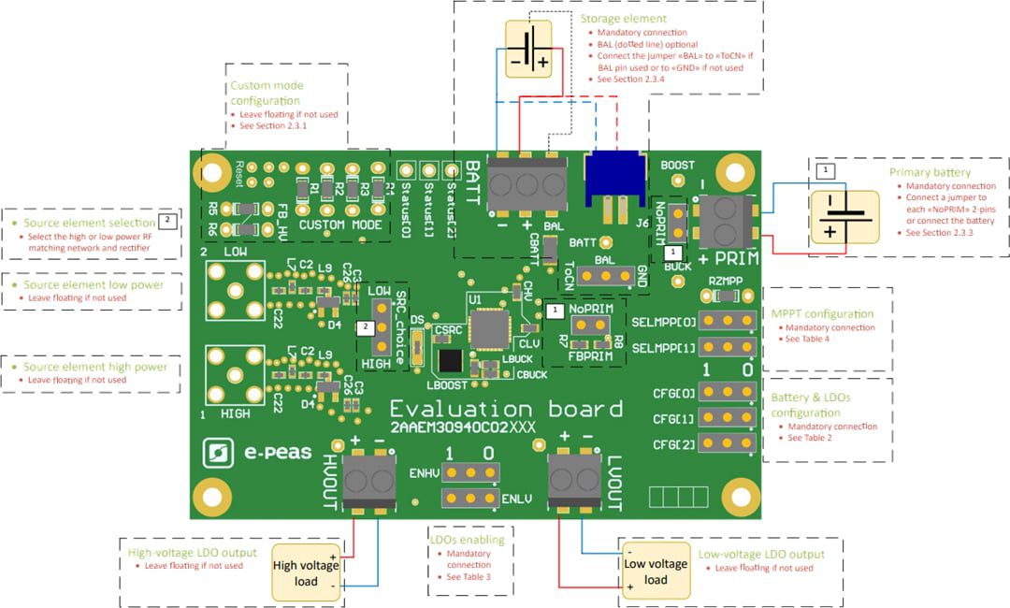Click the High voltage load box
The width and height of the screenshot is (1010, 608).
tap(307, 572)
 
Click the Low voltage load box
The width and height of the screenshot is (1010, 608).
tap(655, 572)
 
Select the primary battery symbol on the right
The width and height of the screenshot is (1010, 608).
tap(844, 217)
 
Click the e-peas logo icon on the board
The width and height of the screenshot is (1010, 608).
tap(217, 454)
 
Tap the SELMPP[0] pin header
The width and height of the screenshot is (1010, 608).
tap(729, 322)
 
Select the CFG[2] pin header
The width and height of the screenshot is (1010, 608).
tap(729, 443)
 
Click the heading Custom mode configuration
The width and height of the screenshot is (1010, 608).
tap(267, 93)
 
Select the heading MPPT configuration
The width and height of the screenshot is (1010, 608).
tap(823, 314)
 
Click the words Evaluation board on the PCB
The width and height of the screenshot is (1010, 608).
tap(505, 410)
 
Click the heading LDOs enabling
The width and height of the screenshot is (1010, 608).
tap(467, 540)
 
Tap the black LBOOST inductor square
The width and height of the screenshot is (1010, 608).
tap(451, 361)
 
